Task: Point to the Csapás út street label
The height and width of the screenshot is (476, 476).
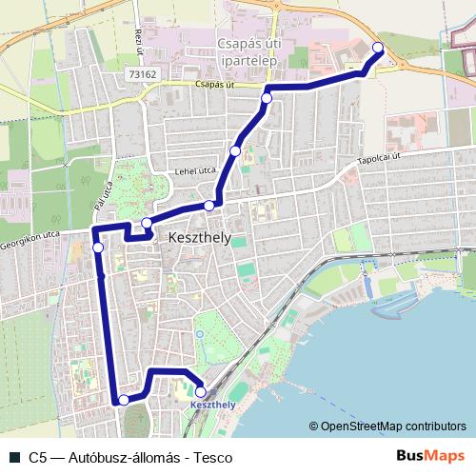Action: (x=213, y=84)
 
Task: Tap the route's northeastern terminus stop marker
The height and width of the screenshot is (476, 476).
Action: (x=377, y=48)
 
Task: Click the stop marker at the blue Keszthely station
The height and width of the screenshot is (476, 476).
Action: (x=200, y=391)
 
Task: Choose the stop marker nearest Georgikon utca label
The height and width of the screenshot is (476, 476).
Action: (x=98, y=248)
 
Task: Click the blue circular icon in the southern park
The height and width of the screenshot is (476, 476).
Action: (x=198, y=334)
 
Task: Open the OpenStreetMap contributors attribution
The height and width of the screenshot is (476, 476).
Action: (x=387, y=426)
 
